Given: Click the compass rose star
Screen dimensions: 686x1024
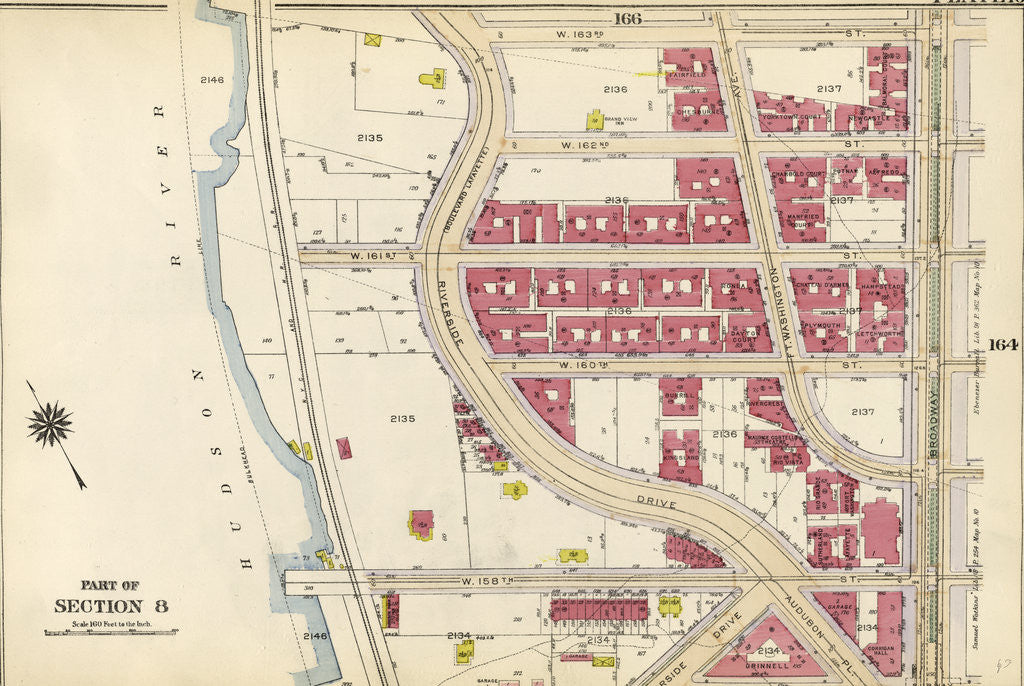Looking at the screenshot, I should pyautogui.click(x=50, y=424).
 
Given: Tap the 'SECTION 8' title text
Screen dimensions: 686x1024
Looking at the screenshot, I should pyautogui.click(x=111, y=605).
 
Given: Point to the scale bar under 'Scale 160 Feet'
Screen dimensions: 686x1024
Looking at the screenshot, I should pyautogui.click(x=111, y=633).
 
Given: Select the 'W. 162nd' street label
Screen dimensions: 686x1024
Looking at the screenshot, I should pyautogui.click(x=586, y=146).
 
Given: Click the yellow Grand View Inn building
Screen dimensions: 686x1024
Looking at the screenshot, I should pyautogui.click(x=594, y=120).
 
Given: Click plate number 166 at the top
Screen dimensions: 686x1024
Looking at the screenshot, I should pyautogui.click(x=628, y=18).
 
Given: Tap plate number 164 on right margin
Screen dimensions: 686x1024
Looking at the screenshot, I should pyautogui.click(x=1003, y=345).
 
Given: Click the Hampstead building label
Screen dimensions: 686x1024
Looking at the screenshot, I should pyautogui.click(x=880, y=284).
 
